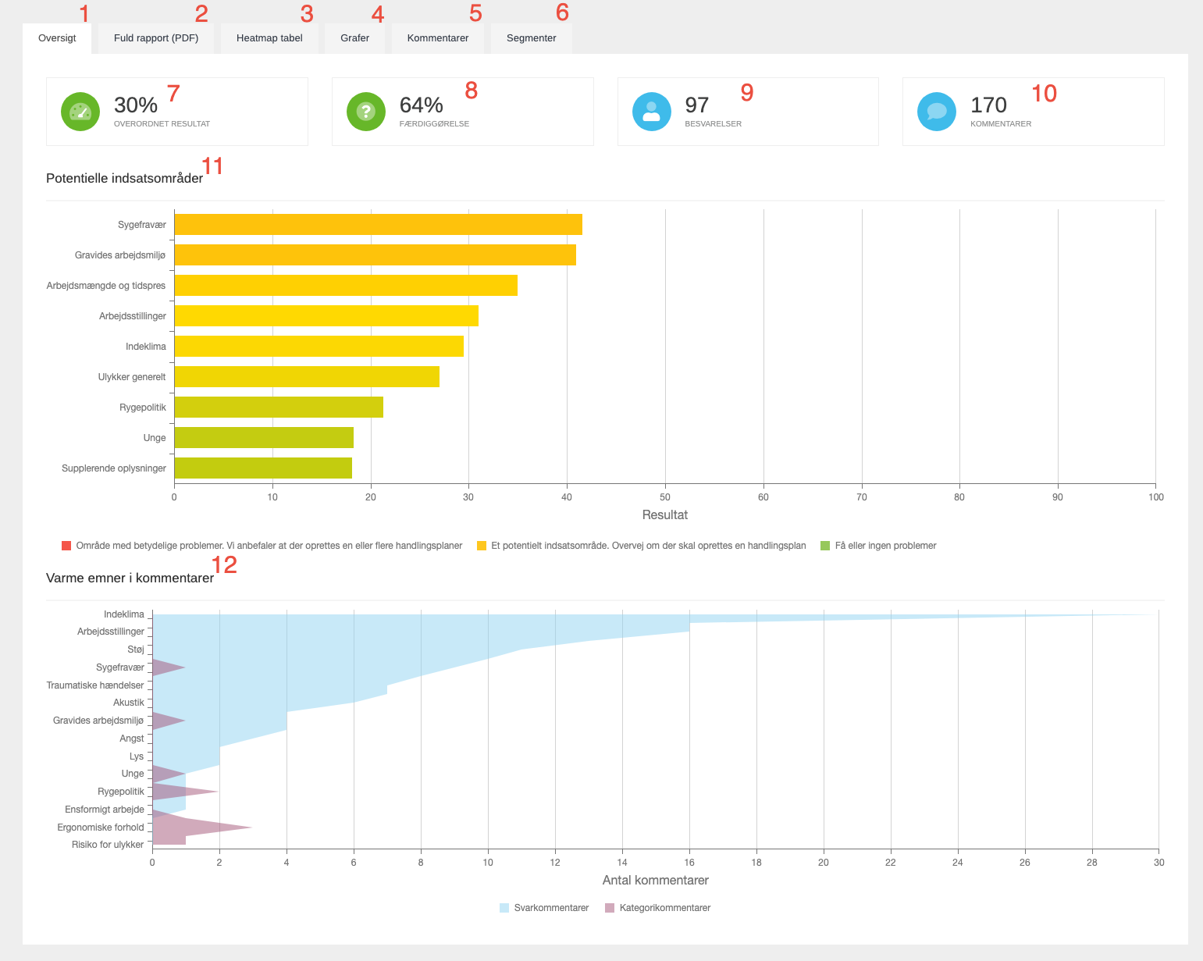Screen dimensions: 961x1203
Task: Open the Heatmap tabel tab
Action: pyautogui.click(x=269, y=38)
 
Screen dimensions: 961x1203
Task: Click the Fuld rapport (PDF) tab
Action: pyautogui.click(x=156, y=38)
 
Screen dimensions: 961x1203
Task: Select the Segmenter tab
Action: pyautogui.click(x=531, y=38)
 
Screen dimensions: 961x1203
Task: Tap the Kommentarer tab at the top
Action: pyautogui.click(x=437, y=38)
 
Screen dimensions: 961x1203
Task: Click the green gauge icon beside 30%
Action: pyautogui.click(x=80, y=112)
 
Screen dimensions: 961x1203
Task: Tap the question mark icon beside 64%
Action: pyautogui.click(x=366, y=112)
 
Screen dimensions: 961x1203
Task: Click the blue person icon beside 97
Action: pyautogui.click(x=652, y=112)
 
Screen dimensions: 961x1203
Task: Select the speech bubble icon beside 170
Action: pyautogui.click(x=937, y=112)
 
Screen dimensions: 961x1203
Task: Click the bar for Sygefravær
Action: pyautogui.click(x=378, y=225)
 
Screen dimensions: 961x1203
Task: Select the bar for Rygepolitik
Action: pyautogui.click(x=279, y=408)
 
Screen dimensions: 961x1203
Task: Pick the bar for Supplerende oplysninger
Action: pyautogui.click(x=263, y=468)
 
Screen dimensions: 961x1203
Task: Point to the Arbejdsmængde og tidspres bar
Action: pyautogui.click(x=346, y=286)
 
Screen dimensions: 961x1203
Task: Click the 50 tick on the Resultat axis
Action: pyautogui.click(x=665, y=497)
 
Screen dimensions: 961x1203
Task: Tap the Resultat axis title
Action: pyautogui.click(x=664, y=515)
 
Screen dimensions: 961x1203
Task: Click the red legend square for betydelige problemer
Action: pyautogui.click(x=66, y=546)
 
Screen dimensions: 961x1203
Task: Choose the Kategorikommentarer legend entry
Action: pyautogui.click(x=657, y=908)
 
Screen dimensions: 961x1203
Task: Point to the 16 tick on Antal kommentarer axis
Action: pyautogui.click(x=689, y=863)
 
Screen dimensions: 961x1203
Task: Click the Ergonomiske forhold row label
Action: pyautogui.click(x=101, y=828)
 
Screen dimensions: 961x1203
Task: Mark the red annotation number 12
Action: pyautogui.click(x=224, y=564)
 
